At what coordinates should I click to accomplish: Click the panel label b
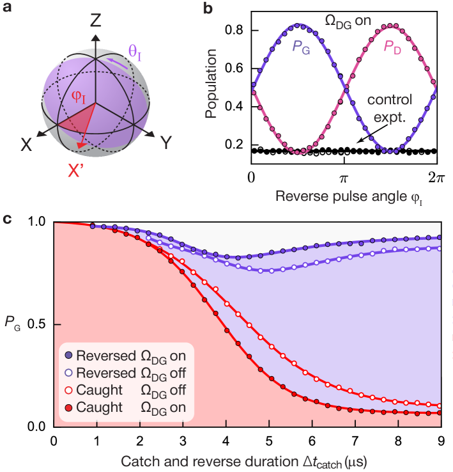click(x=208, y=8)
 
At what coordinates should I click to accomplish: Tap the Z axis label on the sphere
click(x=95, y=20)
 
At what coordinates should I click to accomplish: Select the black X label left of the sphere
click(x=26, y=145)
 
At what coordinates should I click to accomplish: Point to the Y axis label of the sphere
click(x=165, y=143)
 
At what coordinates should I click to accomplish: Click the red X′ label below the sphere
click(x=78, y=171)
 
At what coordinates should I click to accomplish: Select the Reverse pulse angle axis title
click(x=349, y=196)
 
